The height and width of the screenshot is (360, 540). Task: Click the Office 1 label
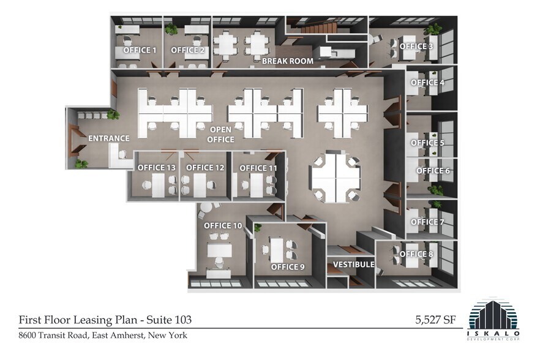(x=140, y=50)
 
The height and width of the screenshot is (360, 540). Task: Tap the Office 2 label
(x=187, y=50)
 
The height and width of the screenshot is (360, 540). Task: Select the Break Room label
(x=288, y=61)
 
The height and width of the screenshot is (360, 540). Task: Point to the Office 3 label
(x=416, y=46)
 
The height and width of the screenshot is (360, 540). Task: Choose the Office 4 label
(x=427, y=83)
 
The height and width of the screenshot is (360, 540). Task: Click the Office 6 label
(x=433, y=171)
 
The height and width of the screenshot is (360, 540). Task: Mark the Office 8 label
(x=416, y=254)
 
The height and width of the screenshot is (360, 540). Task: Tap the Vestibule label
(x=353, y=264)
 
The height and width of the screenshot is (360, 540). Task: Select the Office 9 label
(x=288, y=267)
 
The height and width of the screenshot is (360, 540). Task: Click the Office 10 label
(x=223, y=226)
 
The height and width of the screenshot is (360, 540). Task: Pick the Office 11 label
(x=258, y=168)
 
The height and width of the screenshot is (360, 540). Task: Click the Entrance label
(x=109, y=138)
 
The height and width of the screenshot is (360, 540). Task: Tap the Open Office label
(x=222, y=135)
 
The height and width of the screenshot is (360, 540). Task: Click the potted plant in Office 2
(x=171, y=29)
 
